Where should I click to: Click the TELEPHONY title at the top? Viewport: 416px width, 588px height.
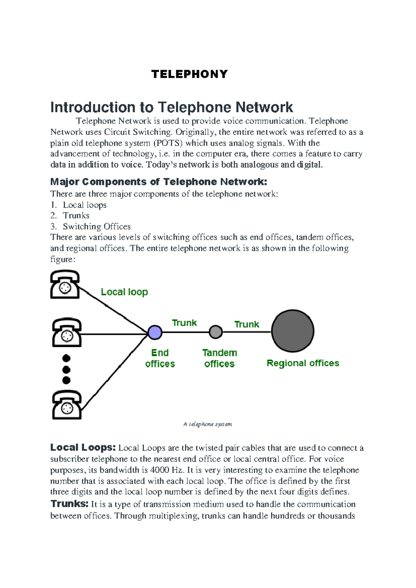click(190, 74)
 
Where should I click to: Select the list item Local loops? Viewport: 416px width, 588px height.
click(84, 205)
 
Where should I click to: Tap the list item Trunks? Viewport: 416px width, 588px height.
click(76, 216)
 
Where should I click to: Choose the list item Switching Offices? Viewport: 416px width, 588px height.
click(96, 226)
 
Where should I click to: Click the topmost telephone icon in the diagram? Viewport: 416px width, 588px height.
click(65, 285)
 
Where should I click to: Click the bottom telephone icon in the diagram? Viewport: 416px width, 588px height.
click(67, 405)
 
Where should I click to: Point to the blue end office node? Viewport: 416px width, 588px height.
click(155, 332)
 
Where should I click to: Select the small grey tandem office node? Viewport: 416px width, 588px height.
click(216, 332)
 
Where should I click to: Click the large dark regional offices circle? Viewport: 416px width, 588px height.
click(293, 331)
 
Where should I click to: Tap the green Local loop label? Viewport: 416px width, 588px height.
click(124, 292)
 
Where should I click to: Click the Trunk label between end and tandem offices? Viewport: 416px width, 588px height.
click(184, 323)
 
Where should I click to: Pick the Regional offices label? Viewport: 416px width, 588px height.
click(303, 363)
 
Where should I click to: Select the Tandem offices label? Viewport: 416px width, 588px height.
click(219, 358)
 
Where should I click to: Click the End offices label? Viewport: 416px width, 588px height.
click(160, 358)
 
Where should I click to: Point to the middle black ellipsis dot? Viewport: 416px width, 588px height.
click(66, 370)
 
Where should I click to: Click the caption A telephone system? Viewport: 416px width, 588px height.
click(208, 424)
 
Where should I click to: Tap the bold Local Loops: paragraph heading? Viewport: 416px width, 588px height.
click(83, 448)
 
